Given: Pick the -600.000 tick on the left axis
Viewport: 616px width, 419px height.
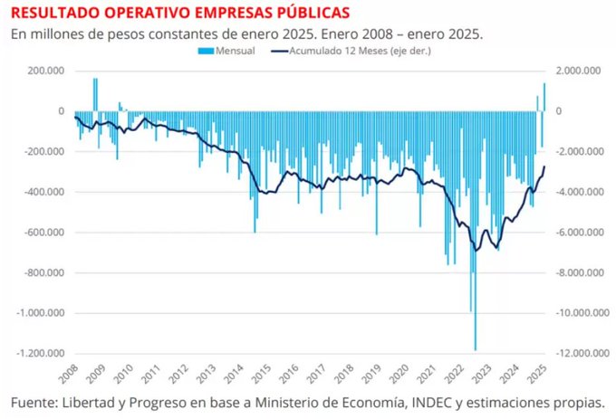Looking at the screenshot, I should [x=43, y=233].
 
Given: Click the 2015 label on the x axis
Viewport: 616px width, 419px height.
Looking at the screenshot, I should [x=260, y=374].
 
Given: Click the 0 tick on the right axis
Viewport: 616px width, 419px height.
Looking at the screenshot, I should [x=560, y=111].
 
